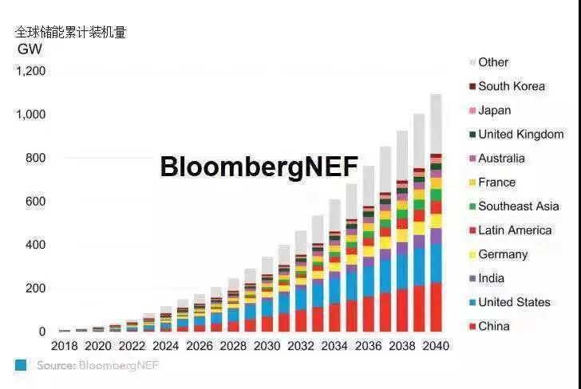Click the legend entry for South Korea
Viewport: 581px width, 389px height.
(512, 86)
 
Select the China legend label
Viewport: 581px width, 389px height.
(493, 326)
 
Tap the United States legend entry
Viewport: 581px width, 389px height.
(514, 302)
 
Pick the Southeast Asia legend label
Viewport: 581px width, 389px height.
(518, 206)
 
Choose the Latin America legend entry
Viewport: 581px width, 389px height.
(515, 230)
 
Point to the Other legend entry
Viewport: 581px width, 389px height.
(492, 62)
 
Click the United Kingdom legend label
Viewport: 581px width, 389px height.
(520, 134)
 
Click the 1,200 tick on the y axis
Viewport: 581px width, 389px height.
(31, 71)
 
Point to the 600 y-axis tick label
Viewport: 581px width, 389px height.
(36, 201)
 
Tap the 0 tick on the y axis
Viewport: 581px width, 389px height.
(42, 331)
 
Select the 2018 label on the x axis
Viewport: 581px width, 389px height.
(65, 346)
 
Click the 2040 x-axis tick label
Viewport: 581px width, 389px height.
(436, 346)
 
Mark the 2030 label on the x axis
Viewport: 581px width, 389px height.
(267, 346)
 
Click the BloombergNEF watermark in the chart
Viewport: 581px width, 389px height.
(259, 166)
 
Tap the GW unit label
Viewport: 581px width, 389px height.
(30, 49)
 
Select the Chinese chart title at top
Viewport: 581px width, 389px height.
(70, 33)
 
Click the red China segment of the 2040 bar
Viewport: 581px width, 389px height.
(436, 307)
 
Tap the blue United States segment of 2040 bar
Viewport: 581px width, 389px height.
(436, 263)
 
